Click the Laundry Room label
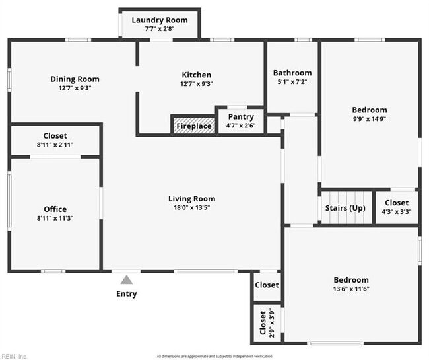coord(159,20)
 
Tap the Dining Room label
coord(75,79)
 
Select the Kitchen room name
coord(197,75)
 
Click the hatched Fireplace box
coord(193,126)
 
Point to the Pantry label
coord(241,117)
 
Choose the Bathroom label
coord(292,73)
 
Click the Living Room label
coord(191,198)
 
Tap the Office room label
coord(55,209)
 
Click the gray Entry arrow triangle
coord(126,279)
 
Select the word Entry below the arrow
coord(126,294)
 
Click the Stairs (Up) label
coord(345,208)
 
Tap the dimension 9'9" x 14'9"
coord(369,119)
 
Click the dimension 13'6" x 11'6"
coord(350,289)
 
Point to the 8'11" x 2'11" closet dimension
coord(55,145)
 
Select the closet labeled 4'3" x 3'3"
coord(396,207)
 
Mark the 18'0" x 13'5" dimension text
coord(191,207)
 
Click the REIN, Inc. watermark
coord(15,356)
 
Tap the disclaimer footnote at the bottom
coord(214,356)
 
